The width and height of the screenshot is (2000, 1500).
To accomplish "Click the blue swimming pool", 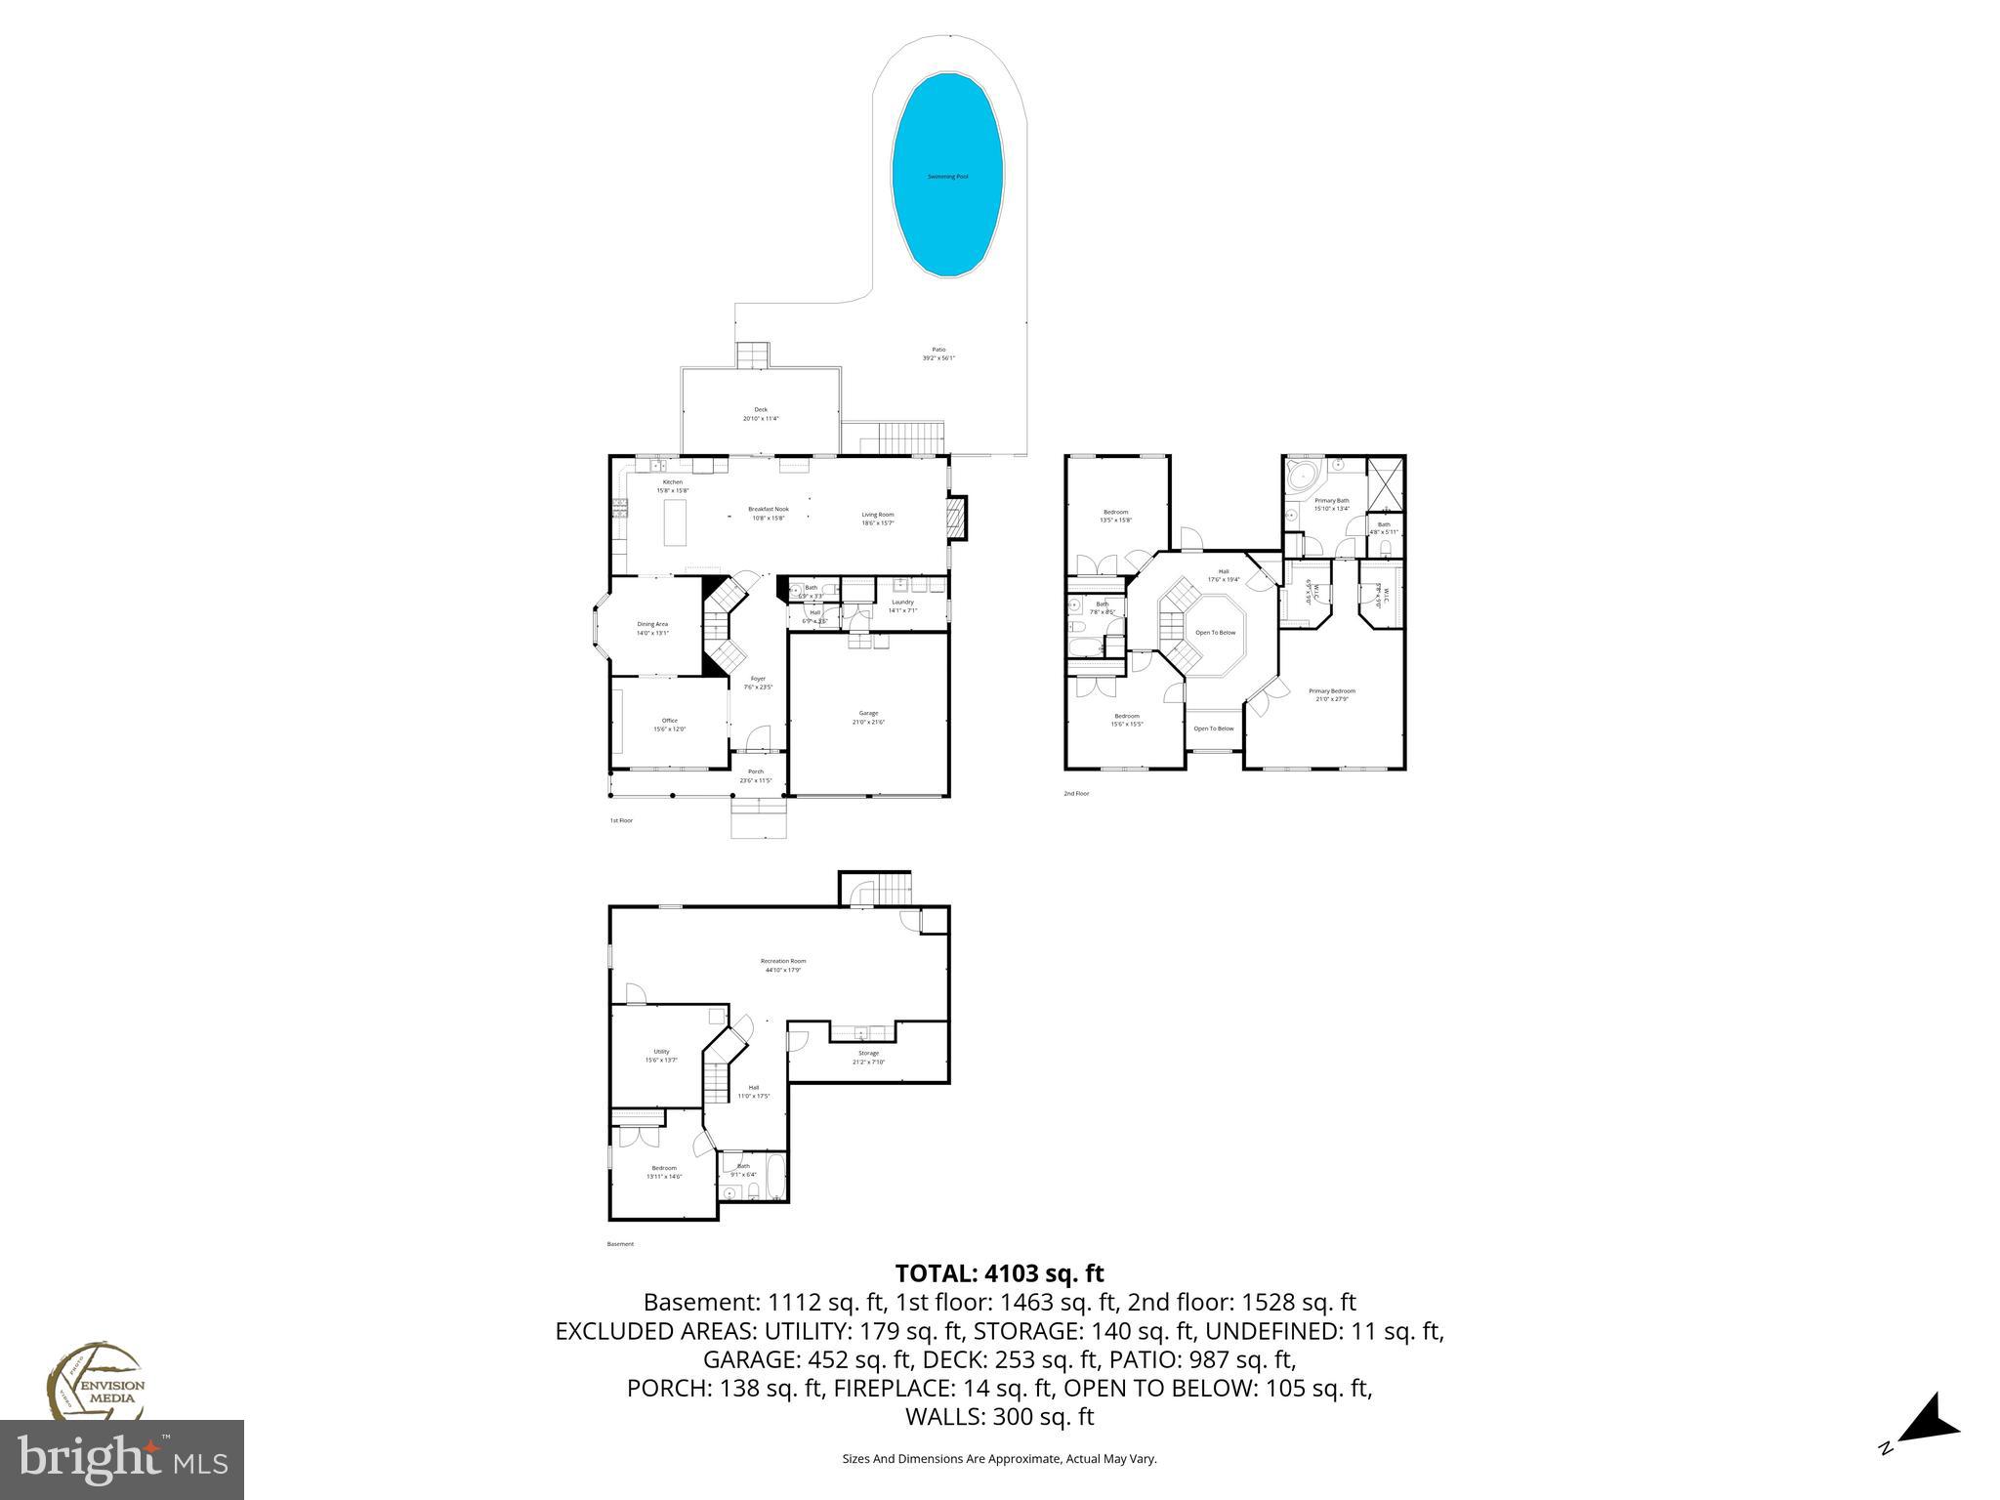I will pos(947,177).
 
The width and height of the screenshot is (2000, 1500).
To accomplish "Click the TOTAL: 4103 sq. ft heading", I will pos(999,1273).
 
